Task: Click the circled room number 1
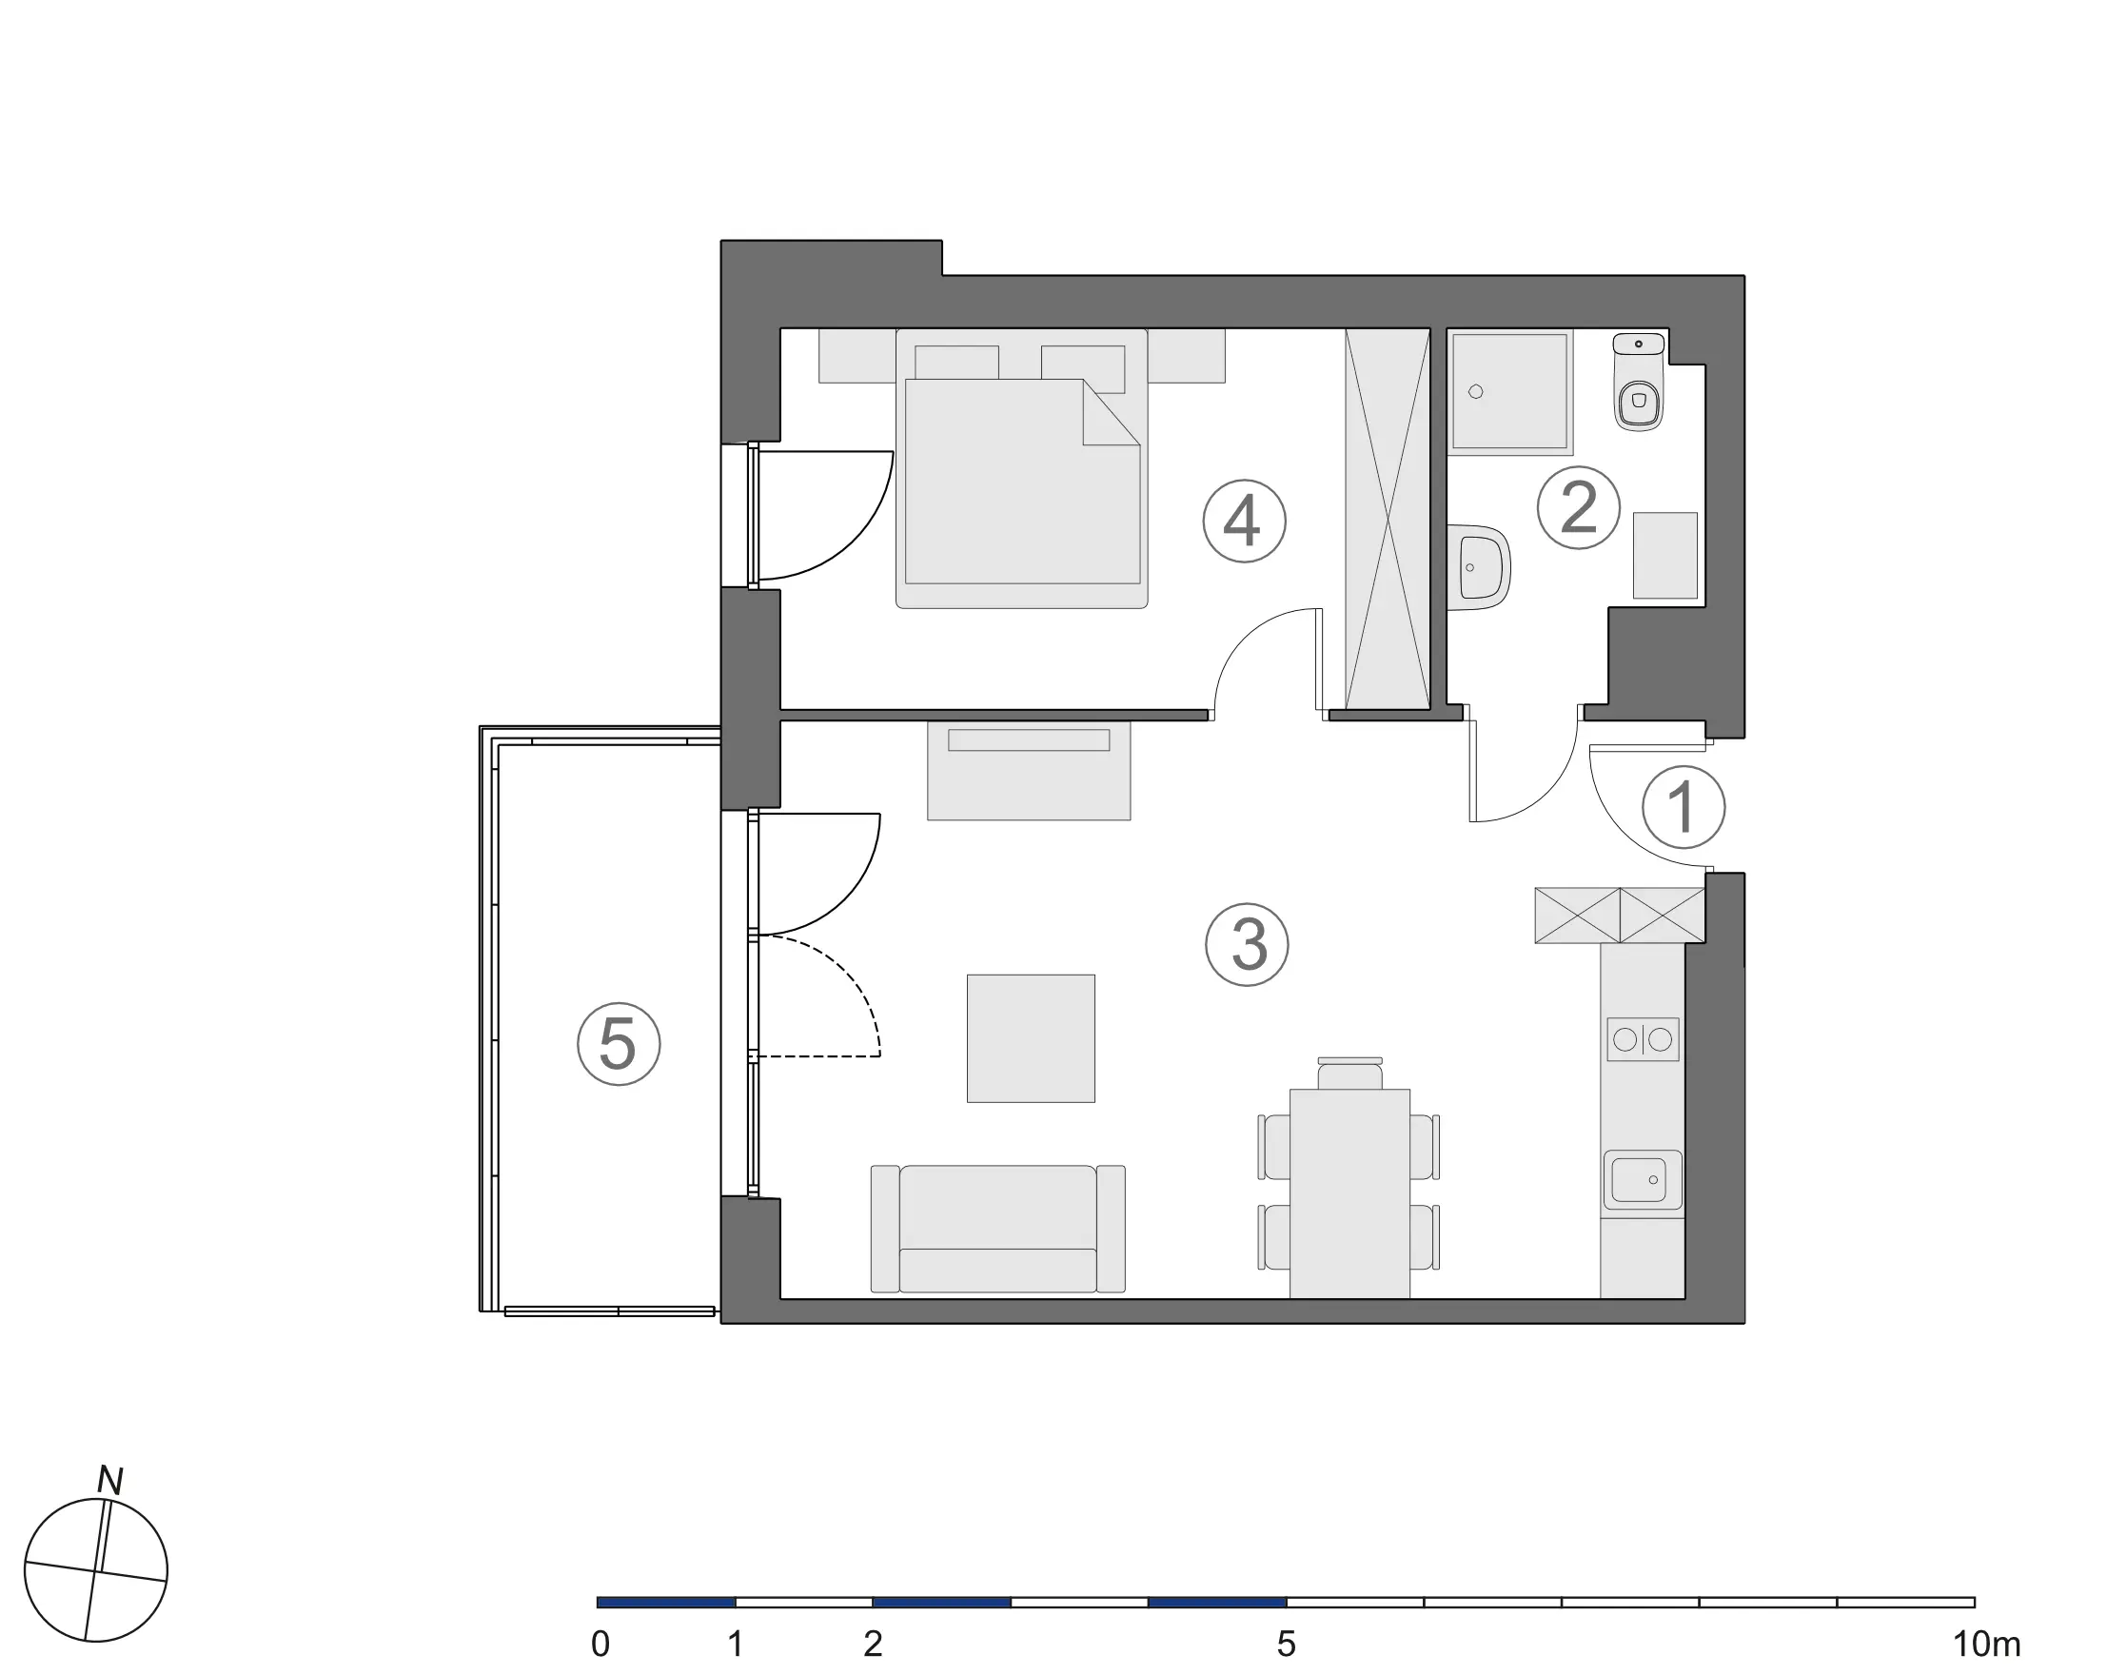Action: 1683,808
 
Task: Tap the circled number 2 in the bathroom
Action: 1578,507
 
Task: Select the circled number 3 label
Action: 1247,945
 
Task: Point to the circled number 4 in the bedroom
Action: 1244,521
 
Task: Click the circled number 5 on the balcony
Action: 619,1044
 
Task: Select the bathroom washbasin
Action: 1479,567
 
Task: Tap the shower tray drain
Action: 1476,392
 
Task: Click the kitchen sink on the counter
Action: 1643,1179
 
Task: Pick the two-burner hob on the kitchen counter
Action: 1643,1040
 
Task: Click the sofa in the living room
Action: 997,1229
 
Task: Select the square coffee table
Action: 1031,1039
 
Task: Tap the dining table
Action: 1349,1193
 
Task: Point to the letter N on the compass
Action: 110,1482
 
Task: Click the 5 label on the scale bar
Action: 1286,1645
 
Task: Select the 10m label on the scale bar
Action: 1987,1645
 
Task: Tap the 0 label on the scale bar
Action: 601,1645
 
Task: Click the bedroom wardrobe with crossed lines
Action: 1388,519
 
